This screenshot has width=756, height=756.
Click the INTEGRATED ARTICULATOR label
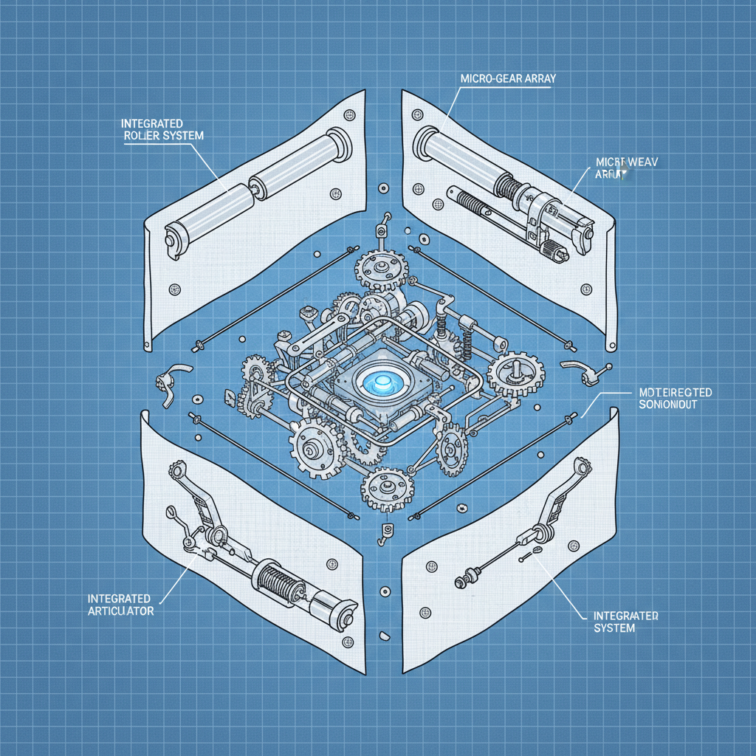pos(120,603)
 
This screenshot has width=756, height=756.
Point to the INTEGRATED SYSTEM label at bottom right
pos(626,621)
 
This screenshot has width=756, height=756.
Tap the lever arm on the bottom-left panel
pos(199,503)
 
